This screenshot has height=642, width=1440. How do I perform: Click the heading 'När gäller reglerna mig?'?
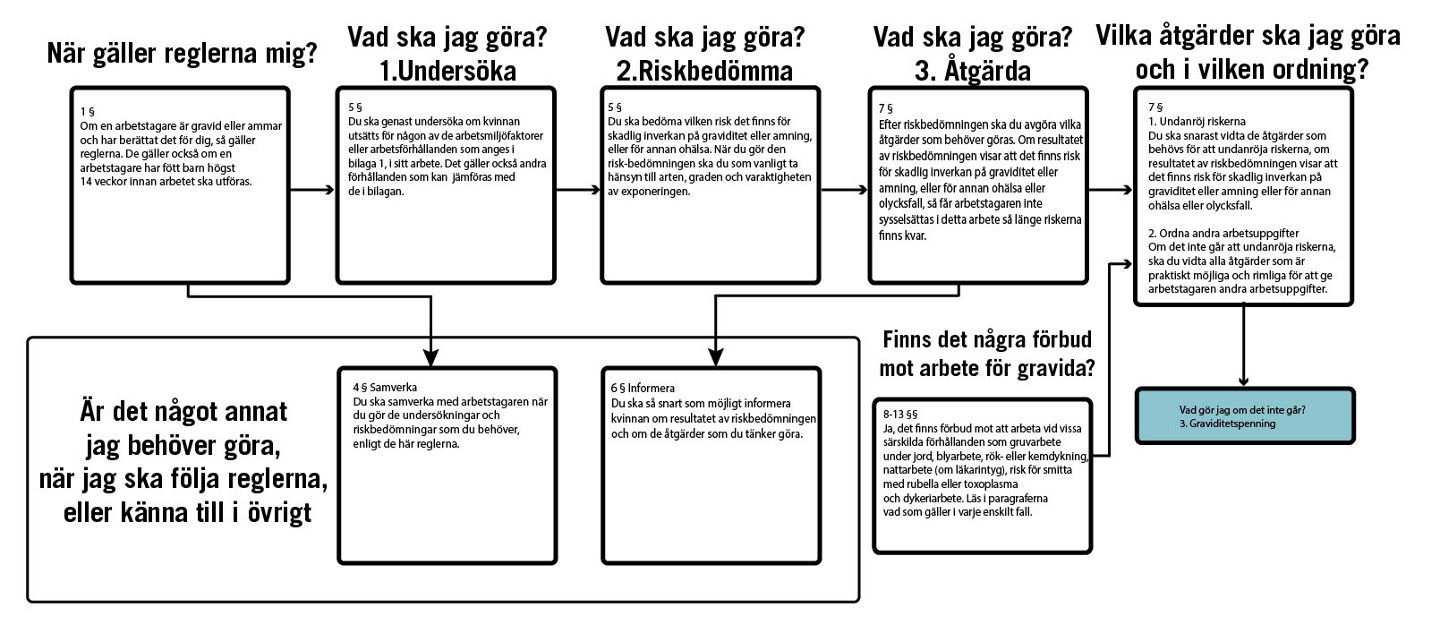(x=182, y=54)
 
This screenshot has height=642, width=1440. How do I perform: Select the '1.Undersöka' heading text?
(x=447, y=71)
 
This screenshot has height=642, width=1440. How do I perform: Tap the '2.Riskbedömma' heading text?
(x=704, y=71)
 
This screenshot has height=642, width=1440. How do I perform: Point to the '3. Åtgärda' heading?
(x=972, y=71)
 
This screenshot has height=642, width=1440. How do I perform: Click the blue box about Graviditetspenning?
(x=1244, y=416)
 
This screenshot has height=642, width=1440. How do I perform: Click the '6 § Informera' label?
(x=643, y=388)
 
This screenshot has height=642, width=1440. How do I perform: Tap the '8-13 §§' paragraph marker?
(x=900, y=415)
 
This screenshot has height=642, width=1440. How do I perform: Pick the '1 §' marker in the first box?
(x=87, y=112)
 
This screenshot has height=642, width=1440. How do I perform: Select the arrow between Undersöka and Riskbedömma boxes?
(x=578, y=190)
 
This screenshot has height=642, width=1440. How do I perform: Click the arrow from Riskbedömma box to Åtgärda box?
(x=845, y=190)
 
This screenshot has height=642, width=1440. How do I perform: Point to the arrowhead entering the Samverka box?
(x=431, y=356)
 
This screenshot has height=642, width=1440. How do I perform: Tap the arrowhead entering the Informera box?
(x=714, y=356)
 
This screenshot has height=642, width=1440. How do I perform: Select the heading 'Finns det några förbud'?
(x=986, y=340)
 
